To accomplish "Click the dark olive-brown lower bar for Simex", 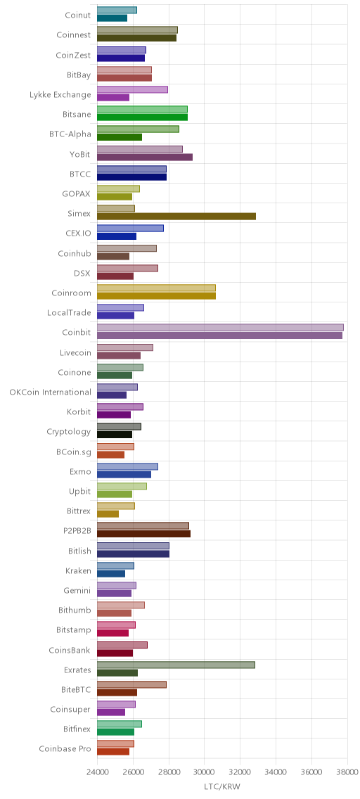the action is pyautogui.click(x=176, y=217).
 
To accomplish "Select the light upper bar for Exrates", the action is pyautogui.click(x=176, y=665).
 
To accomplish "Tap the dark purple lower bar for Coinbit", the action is pyautogui.click(x=219, y=335).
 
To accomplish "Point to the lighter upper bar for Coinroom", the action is pyautogui.click(x=156, y=288).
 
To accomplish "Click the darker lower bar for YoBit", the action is pyautogui.click(x=145, y=157).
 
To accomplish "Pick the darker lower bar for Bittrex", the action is pyautogui.click(x=108, y=513).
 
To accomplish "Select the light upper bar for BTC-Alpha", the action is pyautogui.click(x=138, y=129).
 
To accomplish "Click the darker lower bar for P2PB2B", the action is pyautogui.click(x=143, y=534).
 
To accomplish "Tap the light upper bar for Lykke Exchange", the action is pyautogui.click(x=132, y=90).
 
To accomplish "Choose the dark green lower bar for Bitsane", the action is pyautogui.click(x=142, y=117).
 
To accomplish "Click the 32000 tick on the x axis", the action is pyautogui.click(x=276, y=772).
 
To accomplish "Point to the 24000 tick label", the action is pyautogui.click(x=97, y=772).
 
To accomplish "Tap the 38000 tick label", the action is pyautogui.click(x=347, y=772).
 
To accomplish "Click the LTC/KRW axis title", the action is pyautogui.click(x=221, y=787).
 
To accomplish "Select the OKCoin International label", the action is pyautogui.click(x=51, y=392).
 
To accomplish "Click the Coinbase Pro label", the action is pyautogui.click(x=65, y=749).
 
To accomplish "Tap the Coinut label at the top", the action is pyautogui.click(x=78, y=15).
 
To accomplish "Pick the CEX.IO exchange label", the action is pyautogui.click(x=78, y=234).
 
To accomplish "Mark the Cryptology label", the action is pyautogui.click(x=69, y=432).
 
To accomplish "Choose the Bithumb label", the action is pyautogui.click(x=75, y=610).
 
